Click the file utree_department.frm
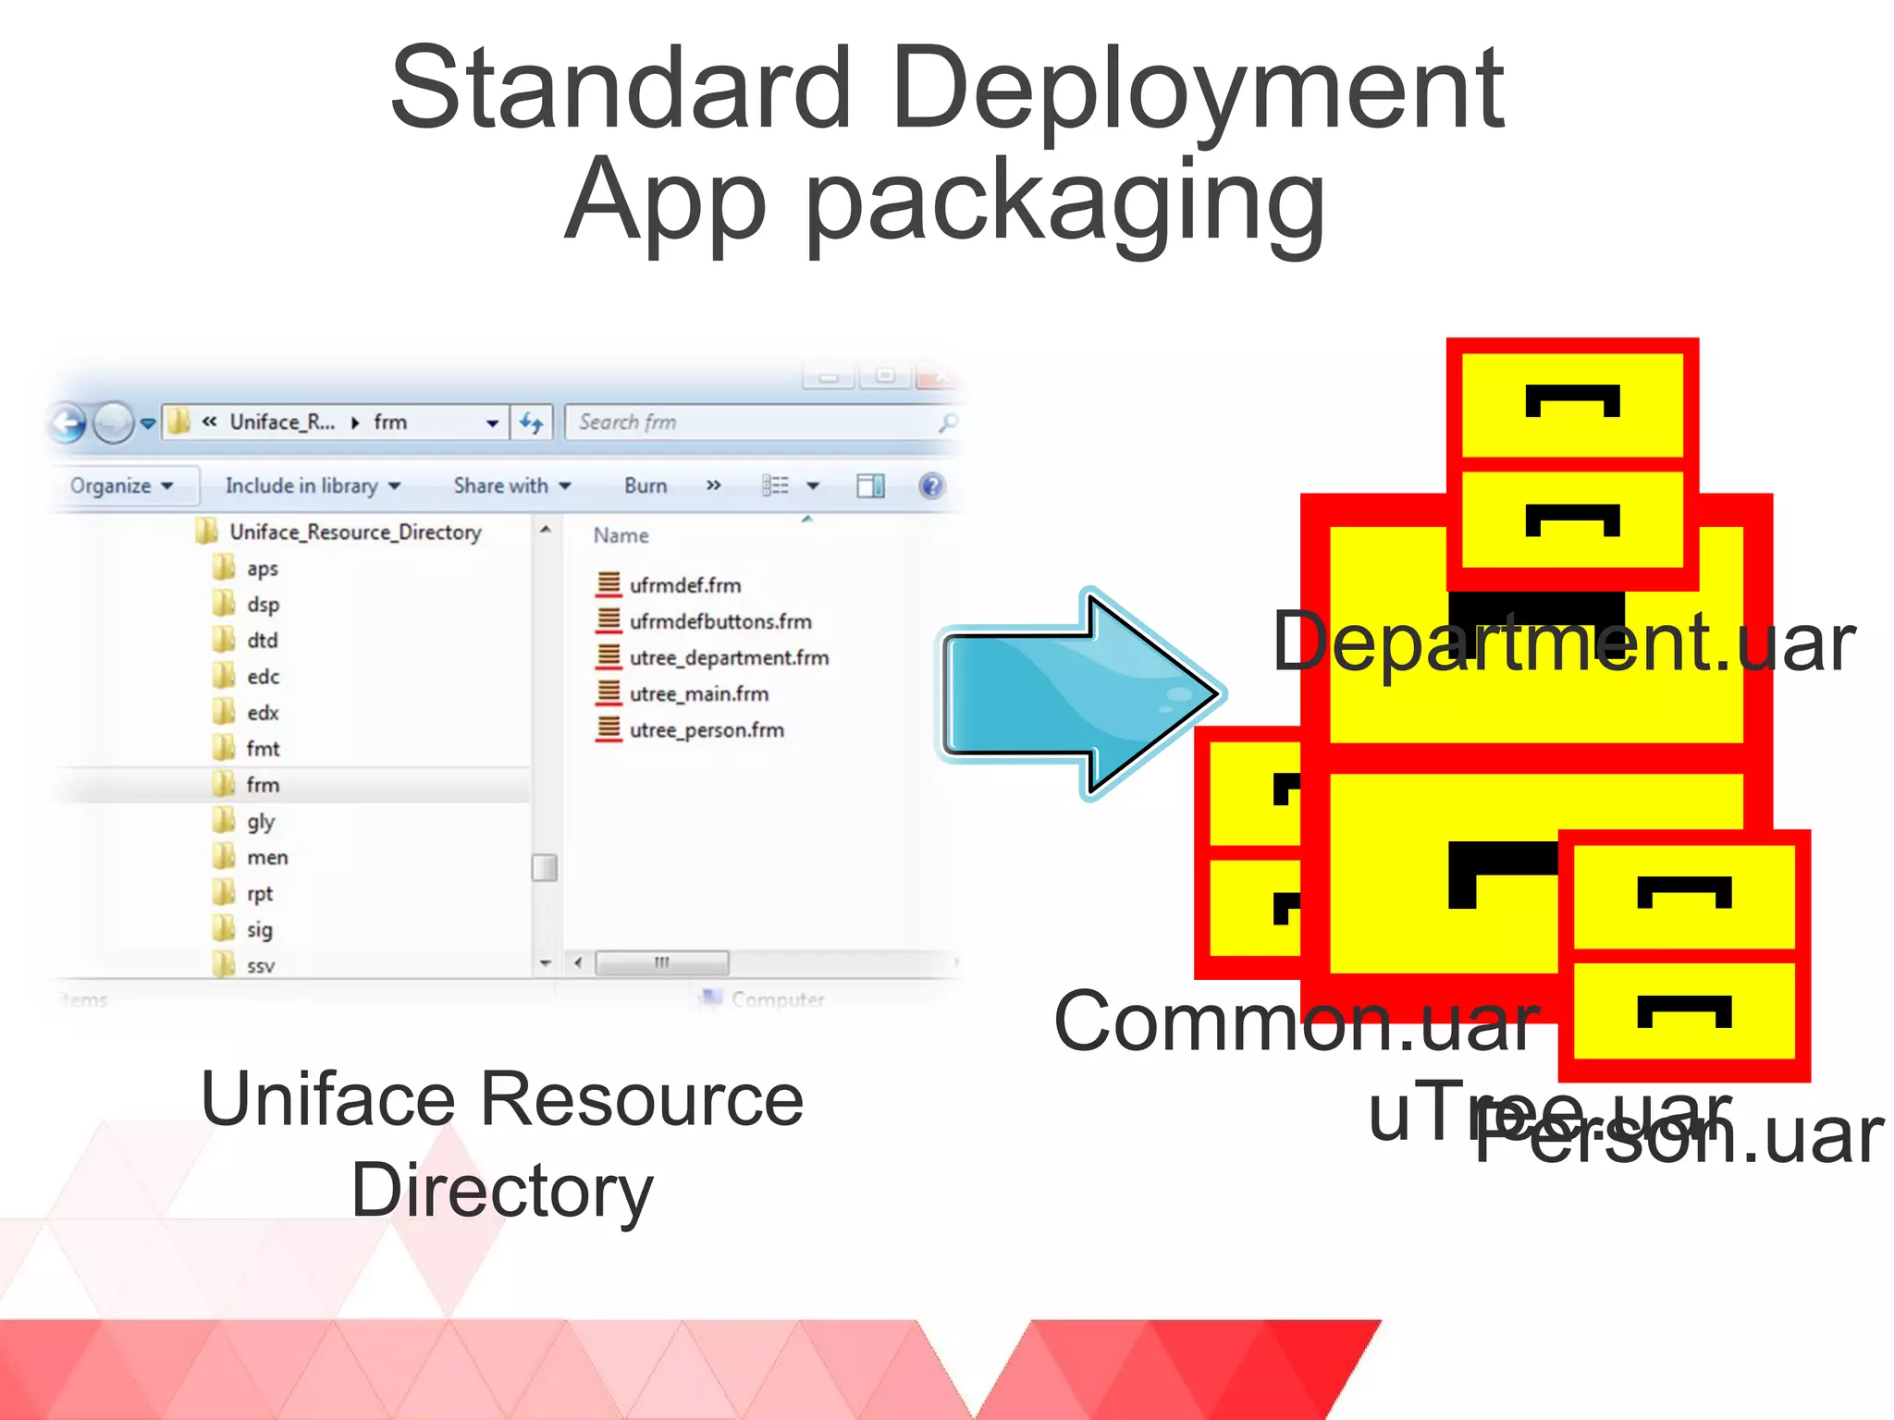click(x=728, y=658)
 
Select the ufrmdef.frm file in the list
click(x=684, y=586)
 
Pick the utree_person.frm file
click(x=706, y=730)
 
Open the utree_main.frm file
click(x=698, y=694)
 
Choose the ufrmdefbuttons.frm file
click(x=719, y=622)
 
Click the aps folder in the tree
click(x=262, y=569)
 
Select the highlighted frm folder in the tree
click(x=263, y=785)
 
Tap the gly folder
click(x=260, y=822)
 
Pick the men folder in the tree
click(x=266, y=858)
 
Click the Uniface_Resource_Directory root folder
click(x=355, y=532)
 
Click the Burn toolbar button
click(x=645, y=486)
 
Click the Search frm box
click(x=754, y=422)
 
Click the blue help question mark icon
click(x=931, y=485)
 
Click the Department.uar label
click(x=1563, y=643)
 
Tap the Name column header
click(x=621, y=536)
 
